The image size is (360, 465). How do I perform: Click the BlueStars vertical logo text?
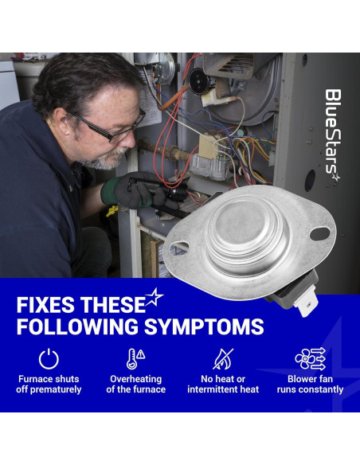coord(333,135)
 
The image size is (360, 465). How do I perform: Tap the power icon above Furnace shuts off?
coord(49,359)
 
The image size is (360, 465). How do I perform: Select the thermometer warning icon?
coord(135,359)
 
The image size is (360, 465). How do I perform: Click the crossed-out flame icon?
coord(223,359)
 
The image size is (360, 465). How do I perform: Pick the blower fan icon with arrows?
coord(310,359)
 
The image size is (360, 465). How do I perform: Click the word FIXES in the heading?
coord(45,305)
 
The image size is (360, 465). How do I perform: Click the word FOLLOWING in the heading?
coord(78,326)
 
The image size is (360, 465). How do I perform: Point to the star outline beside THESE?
coord(154,297)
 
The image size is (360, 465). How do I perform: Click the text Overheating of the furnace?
coord(135,384)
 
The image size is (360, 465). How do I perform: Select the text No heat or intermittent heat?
coord(223,384)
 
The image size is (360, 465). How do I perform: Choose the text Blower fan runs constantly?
coord(310,384)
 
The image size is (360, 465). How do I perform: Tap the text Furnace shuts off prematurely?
coord(49,384)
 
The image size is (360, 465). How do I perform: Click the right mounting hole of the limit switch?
coord(319,233)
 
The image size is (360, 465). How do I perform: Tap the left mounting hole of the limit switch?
coord(178,248)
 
